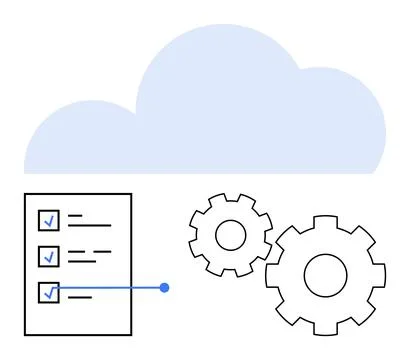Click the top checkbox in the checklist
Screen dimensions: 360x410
pyautogui.click(x=48, y=220)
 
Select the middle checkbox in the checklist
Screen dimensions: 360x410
pyautogui.click(x=48, y=256)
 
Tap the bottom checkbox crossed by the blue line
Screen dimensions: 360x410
pyautogui.click(x=48, y=292)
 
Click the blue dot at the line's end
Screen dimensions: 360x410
pyautogui.click(x=165, y=288)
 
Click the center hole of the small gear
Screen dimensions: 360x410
pyautogui.click(x=231, y=235)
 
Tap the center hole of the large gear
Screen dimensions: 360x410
pyautogui.click(x=325, y=274)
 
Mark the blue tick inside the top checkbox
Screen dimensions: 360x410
pyautogui.click(x=48, y=221)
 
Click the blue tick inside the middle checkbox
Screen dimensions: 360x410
pyautogui.click(x=48, y=257)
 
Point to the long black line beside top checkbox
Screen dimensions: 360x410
pyautogui.click(x=90, y=225)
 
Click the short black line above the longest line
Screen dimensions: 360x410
pyautogui.click(x=75, y=215)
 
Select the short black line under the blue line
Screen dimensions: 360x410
pyautogui.click(x=80, y=297)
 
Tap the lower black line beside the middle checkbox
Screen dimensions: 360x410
pyautogui.click(x=82, y=261)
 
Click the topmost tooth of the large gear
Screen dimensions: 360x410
pyautogui.click(x=325, y=220)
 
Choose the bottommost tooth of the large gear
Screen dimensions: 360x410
pyautogui.click(x=325, y=329)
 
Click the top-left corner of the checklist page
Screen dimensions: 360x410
pyautogui.click(x=25, y=194)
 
